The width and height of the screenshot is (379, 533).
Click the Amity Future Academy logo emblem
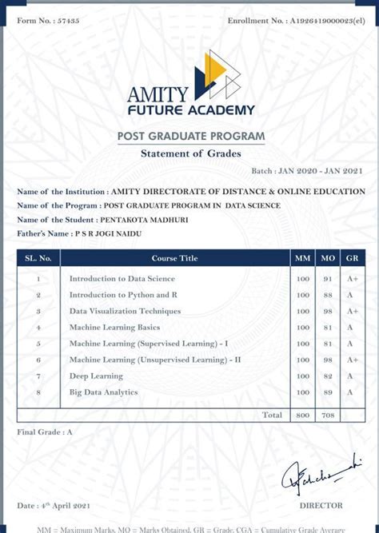221,75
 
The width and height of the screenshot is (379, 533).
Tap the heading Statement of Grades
190,153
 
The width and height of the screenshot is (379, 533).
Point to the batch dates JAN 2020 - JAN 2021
319,171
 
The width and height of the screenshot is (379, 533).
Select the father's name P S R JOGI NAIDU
109,233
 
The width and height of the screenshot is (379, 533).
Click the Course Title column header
174,258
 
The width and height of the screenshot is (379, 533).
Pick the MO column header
327,258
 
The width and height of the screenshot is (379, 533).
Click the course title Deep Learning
96,376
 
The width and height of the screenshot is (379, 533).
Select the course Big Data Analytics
103,392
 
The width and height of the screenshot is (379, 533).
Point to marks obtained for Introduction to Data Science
327,279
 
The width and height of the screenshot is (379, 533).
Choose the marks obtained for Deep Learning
327,376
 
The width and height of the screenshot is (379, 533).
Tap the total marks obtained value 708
327,416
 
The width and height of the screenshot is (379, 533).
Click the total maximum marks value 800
302,416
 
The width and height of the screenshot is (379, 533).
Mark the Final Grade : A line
45,432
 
